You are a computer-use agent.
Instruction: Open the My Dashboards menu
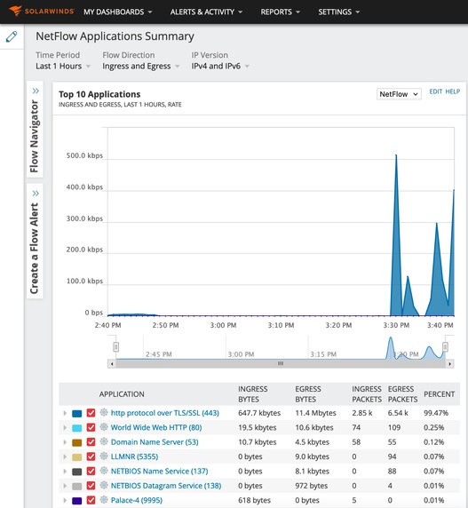pos(117,12)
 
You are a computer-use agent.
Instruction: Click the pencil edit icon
pos(12,37)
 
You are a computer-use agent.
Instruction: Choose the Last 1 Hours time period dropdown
pos(62,67)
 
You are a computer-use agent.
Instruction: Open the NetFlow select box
pos(399,94)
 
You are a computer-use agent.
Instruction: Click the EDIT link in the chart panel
pos(435,91)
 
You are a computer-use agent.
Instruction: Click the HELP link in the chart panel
pos(453,91)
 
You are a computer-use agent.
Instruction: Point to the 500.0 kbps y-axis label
pos(84,156)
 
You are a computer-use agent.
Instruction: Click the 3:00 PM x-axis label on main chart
pos(223,326)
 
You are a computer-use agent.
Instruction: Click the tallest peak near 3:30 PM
pos(396,158)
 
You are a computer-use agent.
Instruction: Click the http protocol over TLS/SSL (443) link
pos(164,413)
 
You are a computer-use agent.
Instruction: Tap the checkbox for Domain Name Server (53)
pos(91,442)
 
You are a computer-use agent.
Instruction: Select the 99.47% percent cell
pos(436,413)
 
